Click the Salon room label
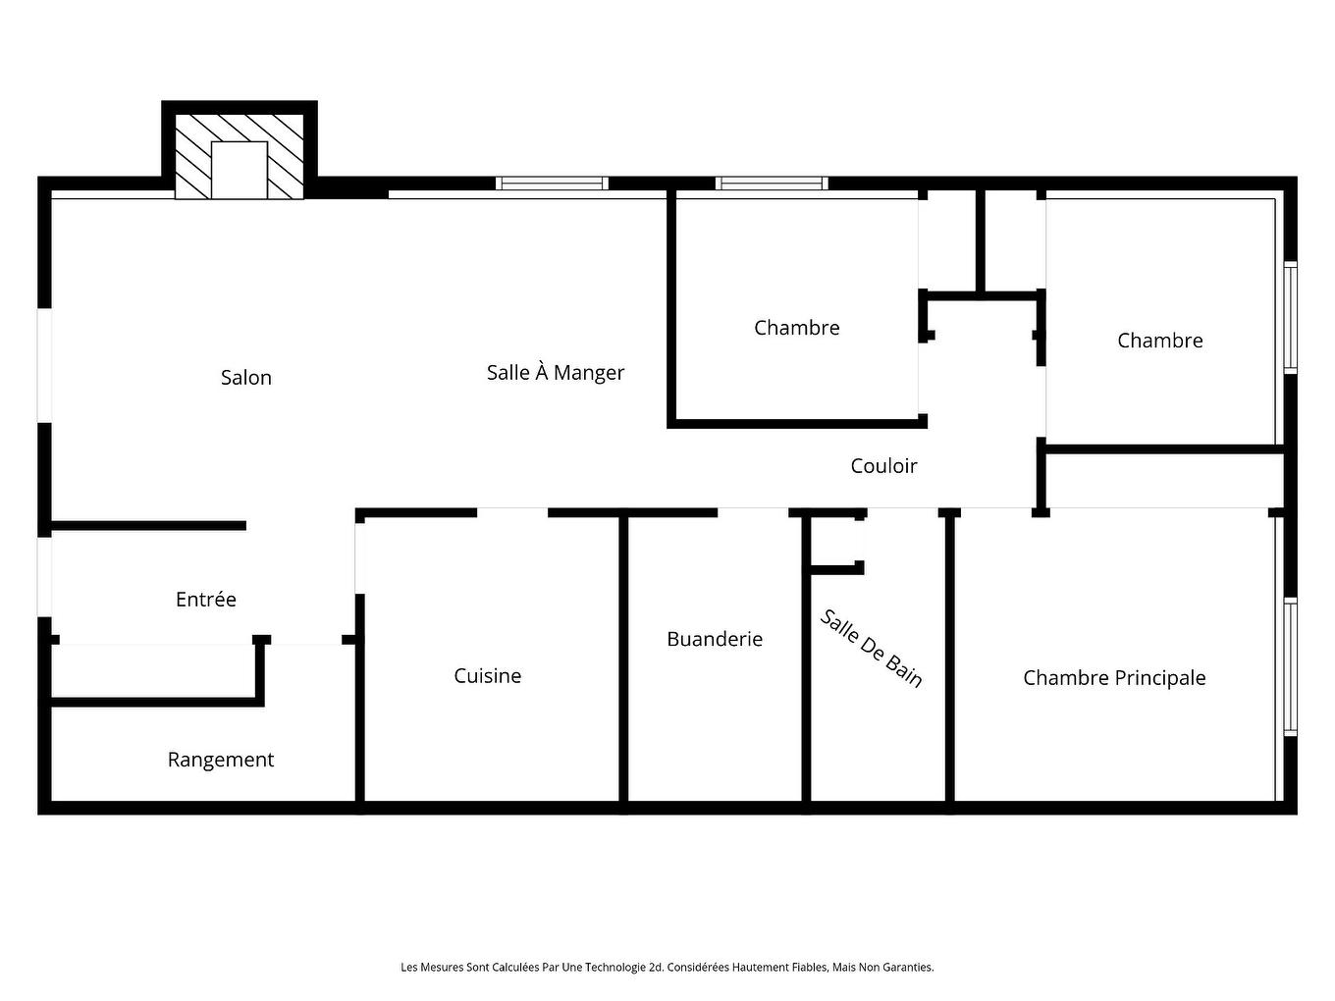245,378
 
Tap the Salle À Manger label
556,373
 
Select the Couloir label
883,466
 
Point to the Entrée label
206,600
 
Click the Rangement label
221,760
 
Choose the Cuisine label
487,676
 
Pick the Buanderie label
715,639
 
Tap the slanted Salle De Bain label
872,649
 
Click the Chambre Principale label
1114,678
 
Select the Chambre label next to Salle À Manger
796,328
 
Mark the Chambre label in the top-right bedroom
1159,341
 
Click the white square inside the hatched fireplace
240,170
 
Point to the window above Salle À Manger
552,184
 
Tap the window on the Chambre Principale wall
1291,666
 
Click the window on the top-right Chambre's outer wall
1291,317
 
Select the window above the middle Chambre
772,184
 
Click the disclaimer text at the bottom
667,968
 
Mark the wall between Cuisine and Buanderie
623,658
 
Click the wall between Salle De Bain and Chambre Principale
949,658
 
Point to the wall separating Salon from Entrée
147,526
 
